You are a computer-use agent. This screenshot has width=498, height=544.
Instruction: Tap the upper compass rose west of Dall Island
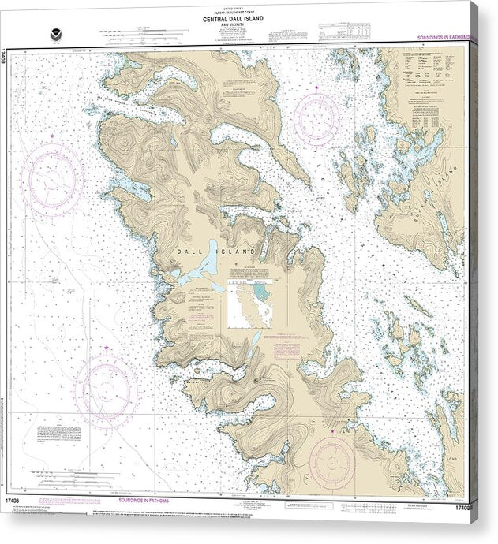coord(53,177)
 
